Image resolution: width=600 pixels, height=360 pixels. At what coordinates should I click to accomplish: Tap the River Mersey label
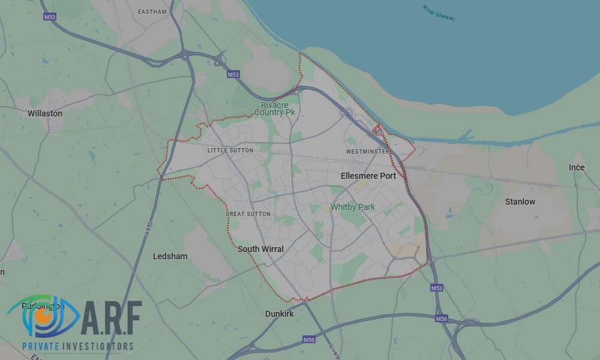439,13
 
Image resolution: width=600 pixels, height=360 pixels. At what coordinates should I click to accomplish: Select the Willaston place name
45,113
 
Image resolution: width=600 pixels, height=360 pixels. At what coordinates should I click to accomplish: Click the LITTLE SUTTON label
230,151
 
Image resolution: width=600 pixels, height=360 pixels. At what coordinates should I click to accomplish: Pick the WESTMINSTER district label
368,152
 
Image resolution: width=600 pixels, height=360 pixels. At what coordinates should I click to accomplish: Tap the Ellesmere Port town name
368,176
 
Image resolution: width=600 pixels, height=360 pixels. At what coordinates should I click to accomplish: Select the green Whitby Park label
353,207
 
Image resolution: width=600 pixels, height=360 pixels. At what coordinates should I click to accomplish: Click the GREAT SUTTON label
248,214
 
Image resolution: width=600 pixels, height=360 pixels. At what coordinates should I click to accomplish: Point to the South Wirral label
260,249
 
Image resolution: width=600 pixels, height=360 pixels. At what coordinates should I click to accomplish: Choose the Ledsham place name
170,256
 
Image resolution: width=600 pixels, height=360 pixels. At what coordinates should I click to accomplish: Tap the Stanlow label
520,202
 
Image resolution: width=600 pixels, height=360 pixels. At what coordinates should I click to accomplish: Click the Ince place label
577,167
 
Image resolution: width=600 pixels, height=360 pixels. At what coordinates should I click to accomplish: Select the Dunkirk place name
280,314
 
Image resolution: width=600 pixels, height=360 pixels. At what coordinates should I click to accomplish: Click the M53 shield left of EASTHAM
50,17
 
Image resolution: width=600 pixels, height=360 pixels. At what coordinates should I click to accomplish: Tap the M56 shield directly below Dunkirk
309,340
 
